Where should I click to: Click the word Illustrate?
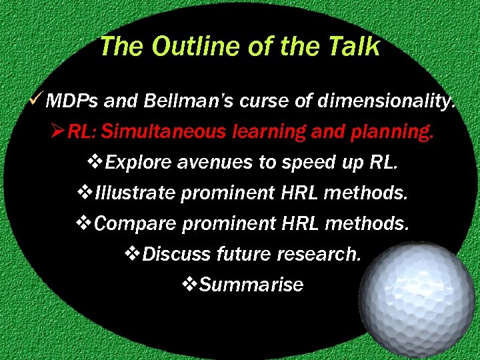(x=135, y=193)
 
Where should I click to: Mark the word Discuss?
(x=176, y=254)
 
